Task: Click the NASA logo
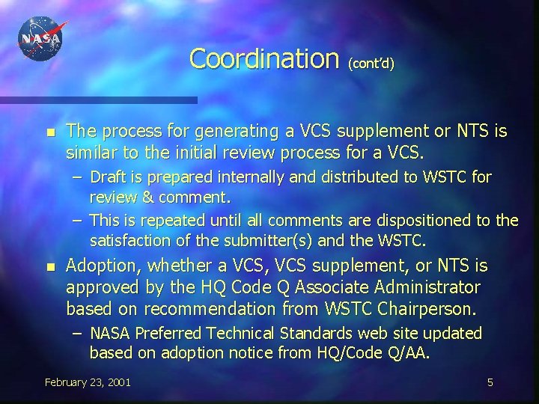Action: pyautogui.click(x=41, y=39)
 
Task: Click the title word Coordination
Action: pyautogui.click(x=264, y=58)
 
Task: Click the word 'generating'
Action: pyautogui.click(x=228, y=132)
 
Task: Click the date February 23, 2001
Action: pyautogui.click(x=88, y=382)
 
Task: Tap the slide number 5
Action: pyautogui.click(x=490, y=382)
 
